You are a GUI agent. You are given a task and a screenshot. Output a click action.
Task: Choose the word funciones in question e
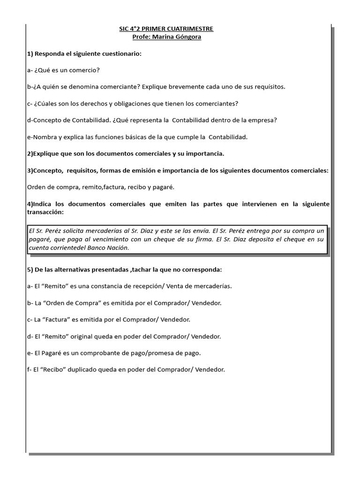pyautogui.click(x=96, y=137)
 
